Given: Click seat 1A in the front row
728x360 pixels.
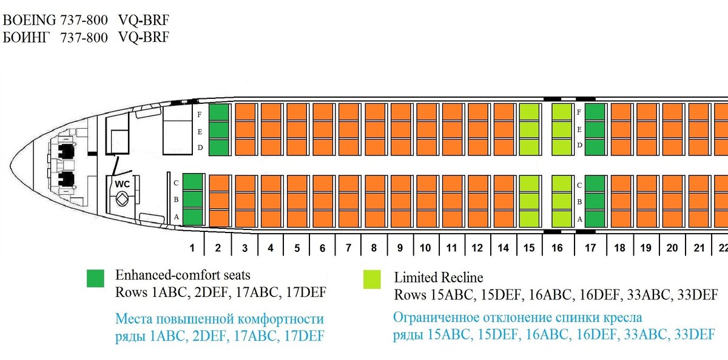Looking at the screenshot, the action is [192, 217].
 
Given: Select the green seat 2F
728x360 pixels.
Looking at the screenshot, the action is [219, 112].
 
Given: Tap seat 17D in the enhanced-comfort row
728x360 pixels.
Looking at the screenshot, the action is [595, 147].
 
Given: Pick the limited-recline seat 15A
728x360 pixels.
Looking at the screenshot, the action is [529, 219].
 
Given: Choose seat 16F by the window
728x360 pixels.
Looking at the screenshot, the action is [562, 112].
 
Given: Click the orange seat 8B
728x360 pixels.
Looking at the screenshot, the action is [375, 201].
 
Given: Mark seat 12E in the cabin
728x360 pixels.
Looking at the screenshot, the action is [478, 129].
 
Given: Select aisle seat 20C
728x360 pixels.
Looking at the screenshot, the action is [672, 184].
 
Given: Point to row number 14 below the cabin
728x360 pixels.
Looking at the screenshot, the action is [503, 248].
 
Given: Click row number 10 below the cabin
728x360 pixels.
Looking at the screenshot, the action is [425, 248].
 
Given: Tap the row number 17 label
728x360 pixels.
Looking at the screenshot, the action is [590, 248].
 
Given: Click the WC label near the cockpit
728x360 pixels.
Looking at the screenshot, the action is [122, 184].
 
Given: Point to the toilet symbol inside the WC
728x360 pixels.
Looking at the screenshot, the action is [122, 199].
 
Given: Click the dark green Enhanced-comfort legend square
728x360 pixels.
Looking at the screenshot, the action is [96, 279].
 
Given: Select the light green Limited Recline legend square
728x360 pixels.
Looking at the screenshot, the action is [372, 279].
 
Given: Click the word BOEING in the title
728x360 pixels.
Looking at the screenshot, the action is [29, 20].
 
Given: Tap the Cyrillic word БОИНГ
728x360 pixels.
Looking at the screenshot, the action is [26, 38].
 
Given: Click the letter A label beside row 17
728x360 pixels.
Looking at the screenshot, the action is [579, 219].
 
